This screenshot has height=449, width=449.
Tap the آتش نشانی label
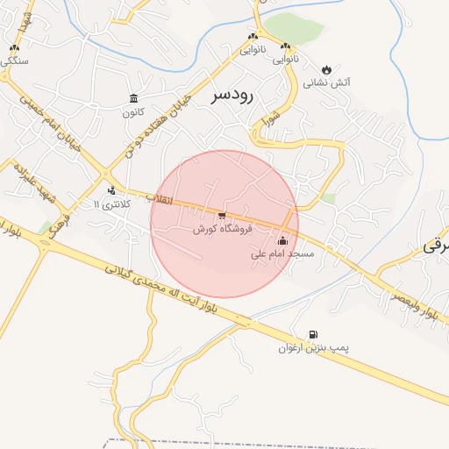tap(327, 83)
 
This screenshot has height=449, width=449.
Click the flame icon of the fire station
tap(327, 68)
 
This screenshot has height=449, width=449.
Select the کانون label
tap(133, 112)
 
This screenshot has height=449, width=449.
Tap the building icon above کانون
tap(133, 97)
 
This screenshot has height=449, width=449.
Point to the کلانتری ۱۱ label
tap(111, 204)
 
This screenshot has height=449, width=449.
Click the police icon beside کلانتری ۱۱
tap(111, 189)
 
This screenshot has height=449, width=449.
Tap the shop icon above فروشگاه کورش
tap(222, 214)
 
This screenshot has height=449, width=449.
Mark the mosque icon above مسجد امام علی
tap(282, 240)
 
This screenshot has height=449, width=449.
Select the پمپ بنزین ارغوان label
tap(313, 348)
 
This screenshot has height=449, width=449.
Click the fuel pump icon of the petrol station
tap(313, 333)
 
